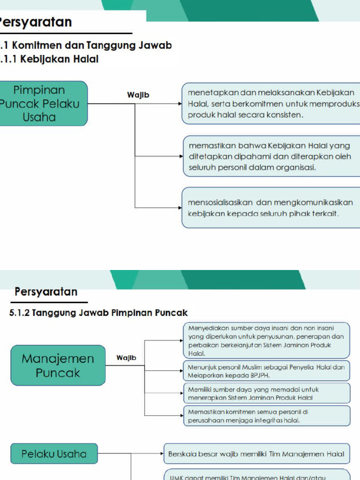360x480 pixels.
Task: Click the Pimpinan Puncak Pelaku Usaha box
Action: (42, 104)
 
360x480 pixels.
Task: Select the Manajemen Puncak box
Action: (58, 366)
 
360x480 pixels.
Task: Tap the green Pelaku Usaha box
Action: (54, 454)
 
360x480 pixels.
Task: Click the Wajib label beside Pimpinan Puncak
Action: (138, 95)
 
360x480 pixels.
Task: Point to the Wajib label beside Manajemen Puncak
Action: (126, 358)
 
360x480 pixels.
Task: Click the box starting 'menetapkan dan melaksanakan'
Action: (271, 104)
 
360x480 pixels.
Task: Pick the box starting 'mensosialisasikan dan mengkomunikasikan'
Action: (271, 208)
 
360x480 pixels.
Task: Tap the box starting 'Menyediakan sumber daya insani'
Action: (266, 340)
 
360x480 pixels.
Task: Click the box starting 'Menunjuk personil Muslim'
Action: (266, 371)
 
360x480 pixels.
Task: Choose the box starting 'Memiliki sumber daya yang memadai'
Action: (266, 393)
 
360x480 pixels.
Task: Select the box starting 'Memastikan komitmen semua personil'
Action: (266, 416)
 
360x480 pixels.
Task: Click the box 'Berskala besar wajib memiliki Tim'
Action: (256, 454)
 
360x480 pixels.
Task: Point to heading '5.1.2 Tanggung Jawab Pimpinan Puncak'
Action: (98, 313)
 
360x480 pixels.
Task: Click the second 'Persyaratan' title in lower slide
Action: (46, 292)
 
